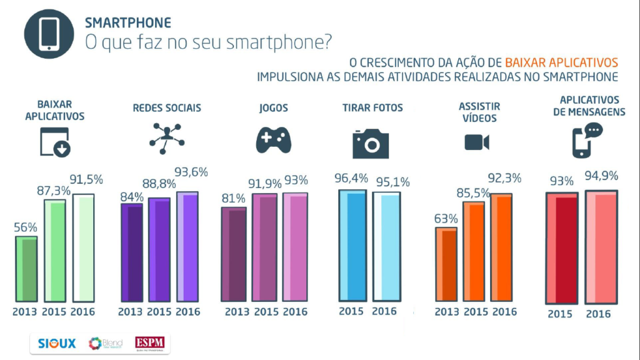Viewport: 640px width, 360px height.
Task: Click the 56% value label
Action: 26,227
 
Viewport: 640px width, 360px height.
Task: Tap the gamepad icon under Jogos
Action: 273,140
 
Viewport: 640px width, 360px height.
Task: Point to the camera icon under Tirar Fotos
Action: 371,142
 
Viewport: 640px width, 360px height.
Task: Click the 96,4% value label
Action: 351,179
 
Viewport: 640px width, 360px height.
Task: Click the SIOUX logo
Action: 56,344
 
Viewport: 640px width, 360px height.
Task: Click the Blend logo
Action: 106,344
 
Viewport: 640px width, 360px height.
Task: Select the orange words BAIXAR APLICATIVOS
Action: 561,62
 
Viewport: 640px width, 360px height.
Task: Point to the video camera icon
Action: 477,142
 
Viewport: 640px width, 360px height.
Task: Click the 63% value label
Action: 446,219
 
